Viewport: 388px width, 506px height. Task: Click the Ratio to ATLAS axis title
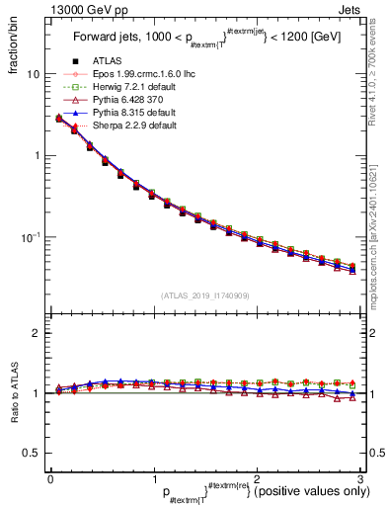(x=14, y=393)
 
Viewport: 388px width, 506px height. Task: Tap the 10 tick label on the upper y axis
(x=33, y=75)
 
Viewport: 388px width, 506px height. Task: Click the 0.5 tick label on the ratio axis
(x=30, y=453)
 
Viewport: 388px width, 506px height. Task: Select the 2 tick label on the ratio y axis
(x=36, y=333)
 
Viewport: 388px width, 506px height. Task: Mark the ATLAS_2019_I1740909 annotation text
(x=204, y=295)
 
